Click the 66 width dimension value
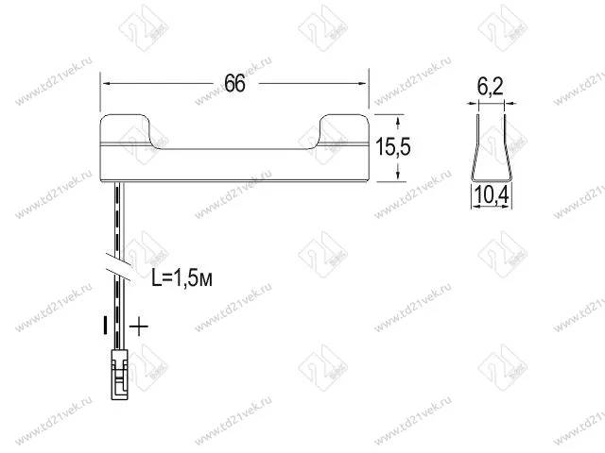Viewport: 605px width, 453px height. coord(234,84)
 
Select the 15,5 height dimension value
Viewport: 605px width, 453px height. coord(393,147)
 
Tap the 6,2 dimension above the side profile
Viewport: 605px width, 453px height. coord(490,87)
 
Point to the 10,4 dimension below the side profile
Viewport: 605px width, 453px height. coord(492,195)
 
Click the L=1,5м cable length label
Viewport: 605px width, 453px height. coord(181,278)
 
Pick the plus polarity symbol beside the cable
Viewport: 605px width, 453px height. coord(139,327)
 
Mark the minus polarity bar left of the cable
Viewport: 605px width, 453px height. coord(105,326)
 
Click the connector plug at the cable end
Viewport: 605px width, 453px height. coord(120,375)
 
